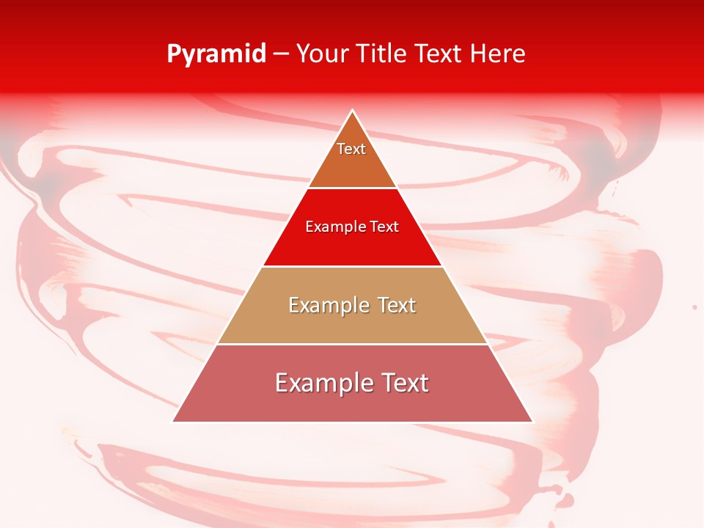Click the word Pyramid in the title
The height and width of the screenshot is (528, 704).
(x=216, y=54)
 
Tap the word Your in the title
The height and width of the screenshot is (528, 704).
(x=323, y=54)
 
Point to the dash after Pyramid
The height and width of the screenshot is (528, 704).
(x=281, y=54)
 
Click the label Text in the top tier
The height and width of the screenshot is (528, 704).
(x=351, y=149)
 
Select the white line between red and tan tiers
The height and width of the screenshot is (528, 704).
(x=352, y=266)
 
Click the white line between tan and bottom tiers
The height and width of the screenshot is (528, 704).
(x=352, y=344)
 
